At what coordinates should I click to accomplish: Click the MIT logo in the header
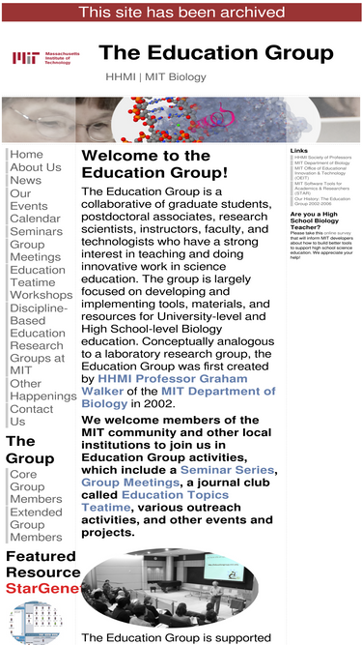tap(45, 58)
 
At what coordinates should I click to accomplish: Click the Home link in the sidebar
tap(26, 155)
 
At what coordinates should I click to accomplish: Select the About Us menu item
tap(35, 167)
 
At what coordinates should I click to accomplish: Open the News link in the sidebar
tap(25, 181)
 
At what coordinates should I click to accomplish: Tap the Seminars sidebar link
tap(36, 232)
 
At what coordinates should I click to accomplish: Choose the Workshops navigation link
tap(41, 296)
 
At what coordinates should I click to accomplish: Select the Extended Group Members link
tap(36, 525)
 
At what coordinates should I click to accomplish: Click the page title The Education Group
tap(215, 53)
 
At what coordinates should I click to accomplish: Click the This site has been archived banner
tap(181, 12)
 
